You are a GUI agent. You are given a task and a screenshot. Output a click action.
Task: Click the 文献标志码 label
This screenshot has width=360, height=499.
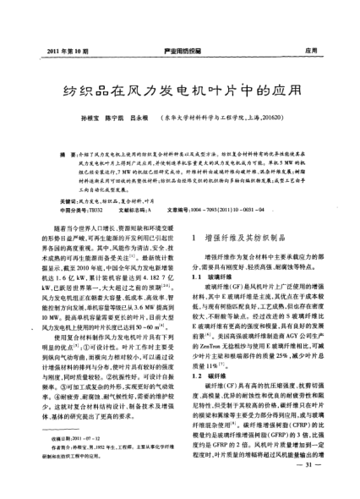point(150,209)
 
